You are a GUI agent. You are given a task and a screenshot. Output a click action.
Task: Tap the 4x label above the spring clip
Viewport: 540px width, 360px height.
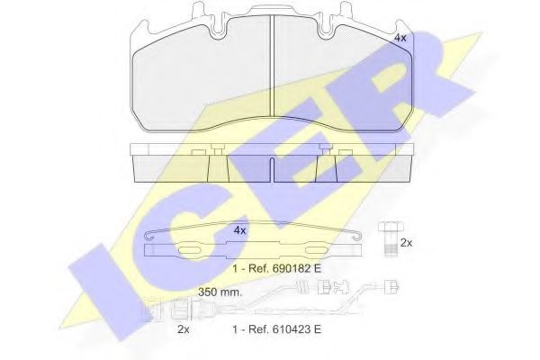[239, 230]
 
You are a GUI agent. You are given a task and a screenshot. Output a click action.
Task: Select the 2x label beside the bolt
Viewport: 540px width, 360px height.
[406, 242]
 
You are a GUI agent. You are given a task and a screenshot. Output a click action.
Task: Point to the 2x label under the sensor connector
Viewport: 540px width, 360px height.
[183, 330]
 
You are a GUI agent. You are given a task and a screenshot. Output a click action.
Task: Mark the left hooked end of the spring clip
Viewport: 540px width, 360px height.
[151, 237]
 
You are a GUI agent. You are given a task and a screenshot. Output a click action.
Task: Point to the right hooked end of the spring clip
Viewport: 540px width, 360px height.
[360, 237]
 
